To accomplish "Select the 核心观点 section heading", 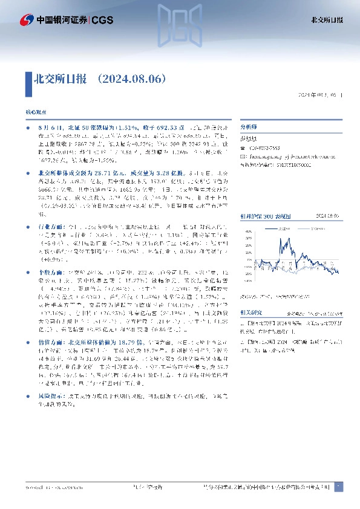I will (x=35, y=112).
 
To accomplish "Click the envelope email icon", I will (x=243, y=156).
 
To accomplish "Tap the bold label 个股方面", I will (x=50, y=265).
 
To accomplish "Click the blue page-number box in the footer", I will (x=338, y=487).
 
